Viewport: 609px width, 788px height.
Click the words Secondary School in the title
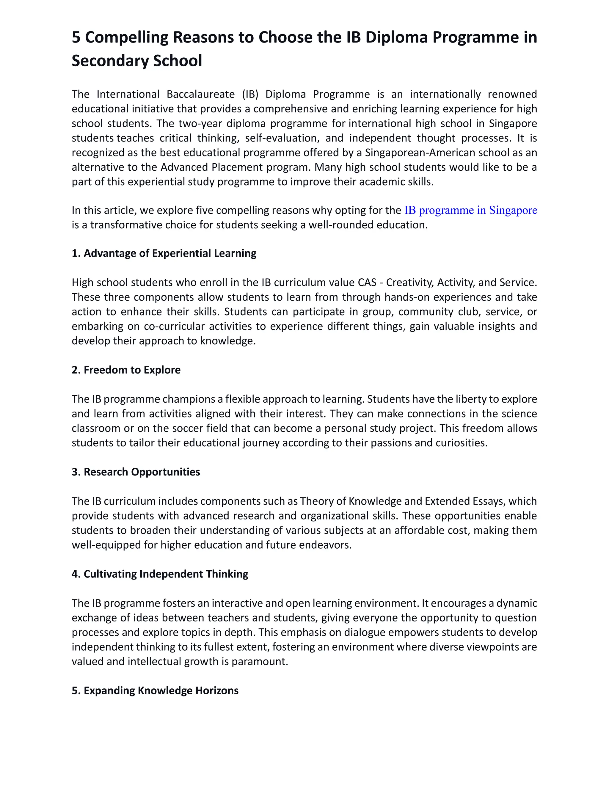point(137,61)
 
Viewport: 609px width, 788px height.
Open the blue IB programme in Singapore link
point(470,210)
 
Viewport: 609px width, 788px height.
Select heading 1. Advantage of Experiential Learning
point(164,253)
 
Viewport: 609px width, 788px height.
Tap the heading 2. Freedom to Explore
point(126,370)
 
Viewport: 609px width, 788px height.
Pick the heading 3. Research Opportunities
point(136,472)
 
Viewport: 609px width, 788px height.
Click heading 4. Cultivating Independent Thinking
point(160,574)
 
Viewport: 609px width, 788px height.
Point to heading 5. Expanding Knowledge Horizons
point(155,690)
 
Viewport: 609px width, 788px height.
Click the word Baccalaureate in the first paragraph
point(201,94)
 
